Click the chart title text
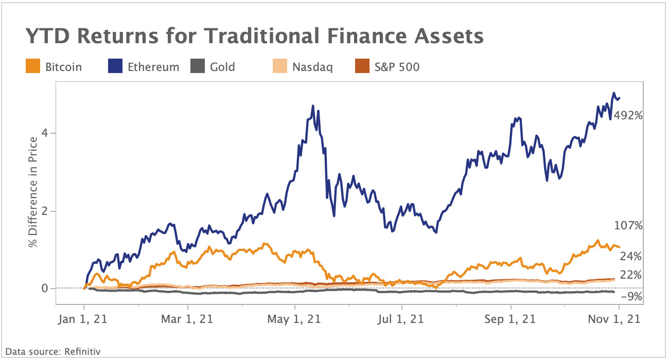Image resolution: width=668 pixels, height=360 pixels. coord(254,37)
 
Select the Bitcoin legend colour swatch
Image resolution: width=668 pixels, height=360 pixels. coord(32,67)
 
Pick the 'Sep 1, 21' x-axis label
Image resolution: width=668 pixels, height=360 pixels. coord(511,319)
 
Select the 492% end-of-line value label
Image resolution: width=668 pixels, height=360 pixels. coord(628,116)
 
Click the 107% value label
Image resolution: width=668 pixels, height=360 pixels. coord(628,225)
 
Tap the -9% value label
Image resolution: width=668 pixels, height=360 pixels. coord(631,296)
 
